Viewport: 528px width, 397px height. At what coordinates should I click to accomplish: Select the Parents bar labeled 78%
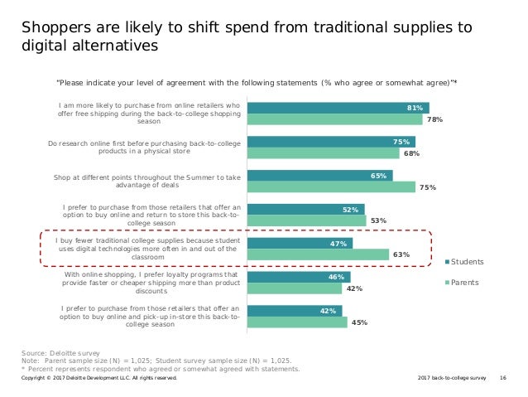click(x=335, y=119)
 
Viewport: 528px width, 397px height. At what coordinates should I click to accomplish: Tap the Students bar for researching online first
click(x=331, y=142)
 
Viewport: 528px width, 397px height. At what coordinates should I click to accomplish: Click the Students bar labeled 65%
click(x=319, y=176)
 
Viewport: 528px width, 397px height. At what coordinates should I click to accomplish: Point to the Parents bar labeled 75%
click(x=331, y=187)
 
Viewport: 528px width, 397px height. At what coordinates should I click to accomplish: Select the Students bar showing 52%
click(x=305, y=210)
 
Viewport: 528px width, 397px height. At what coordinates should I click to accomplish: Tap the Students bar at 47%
click(x=300, y=244)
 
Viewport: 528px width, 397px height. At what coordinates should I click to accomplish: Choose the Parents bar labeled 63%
click(x=318, y=255)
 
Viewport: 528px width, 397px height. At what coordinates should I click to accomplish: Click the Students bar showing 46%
click(x=298, y=277)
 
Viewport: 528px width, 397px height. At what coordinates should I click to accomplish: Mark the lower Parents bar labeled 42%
click(x=294, y=288)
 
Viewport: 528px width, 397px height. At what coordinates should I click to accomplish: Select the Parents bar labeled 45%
click(x=297, y=322)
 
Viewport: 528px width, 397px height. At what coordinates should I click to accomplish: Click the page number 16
click(x=504, y=378)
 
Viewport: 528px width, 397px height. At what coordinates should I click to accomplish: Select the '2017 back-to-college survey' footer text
click(x=452, y=378)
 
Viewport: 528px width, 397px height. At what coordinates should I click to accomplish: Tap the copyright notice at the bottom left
click(x=99, y=378)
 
